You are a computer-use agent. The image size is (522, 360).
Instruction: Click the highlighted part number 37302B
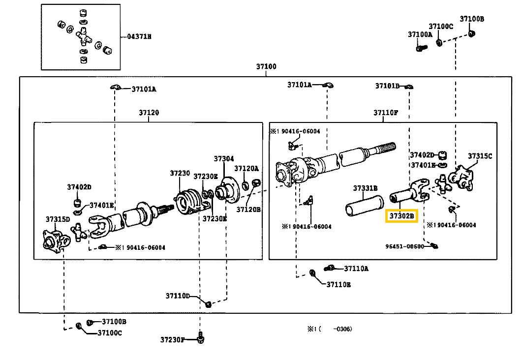[401, 216]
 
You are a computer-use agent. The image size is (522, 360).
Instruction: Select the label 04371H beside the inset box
[139, 36]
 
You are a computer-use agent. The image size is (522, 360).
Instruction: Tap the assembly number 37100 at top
[266, 66]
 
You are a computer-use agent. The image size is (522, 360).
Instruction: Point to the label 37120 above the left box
[149, 113]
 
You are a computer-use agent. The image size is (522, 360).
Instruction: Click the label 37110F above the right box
[386, 113]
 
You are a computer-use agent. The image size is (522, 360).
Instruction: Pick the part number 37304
[224, 159]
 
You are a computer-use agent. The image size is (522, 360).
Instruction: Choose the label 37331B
[365, 188]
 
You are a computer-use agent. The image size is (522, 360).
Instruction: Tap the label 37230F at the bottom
[172, 340]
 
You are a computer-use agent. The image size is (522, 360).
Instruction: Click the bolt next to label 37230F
[200, 337]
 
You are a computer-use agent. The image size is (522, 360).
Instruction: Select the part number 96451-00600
[404, 246]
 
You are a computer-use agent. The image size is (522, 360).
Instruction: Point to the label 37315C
[480, 156]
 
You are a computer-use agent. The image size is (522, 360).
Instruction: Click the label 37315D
[58, 219]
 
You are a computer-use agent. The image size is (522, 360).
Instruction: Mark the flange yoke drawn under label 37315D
[56, 240]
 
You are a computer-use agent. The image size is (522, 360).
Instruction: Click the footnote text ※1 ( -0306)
[330, 329]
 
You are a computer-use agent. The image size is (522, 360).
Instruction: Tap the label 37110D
[178, 296]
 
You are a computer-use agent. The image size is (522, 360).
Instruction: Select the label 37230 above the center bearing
[180, 173]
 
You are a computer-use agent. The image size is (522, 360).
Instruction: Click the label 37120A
[246, 168]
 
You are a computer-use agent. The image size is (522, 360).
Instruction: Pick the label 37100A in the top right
[420, 34]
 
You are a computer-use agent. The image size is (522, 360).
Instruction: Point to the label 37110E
[338, 284]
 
